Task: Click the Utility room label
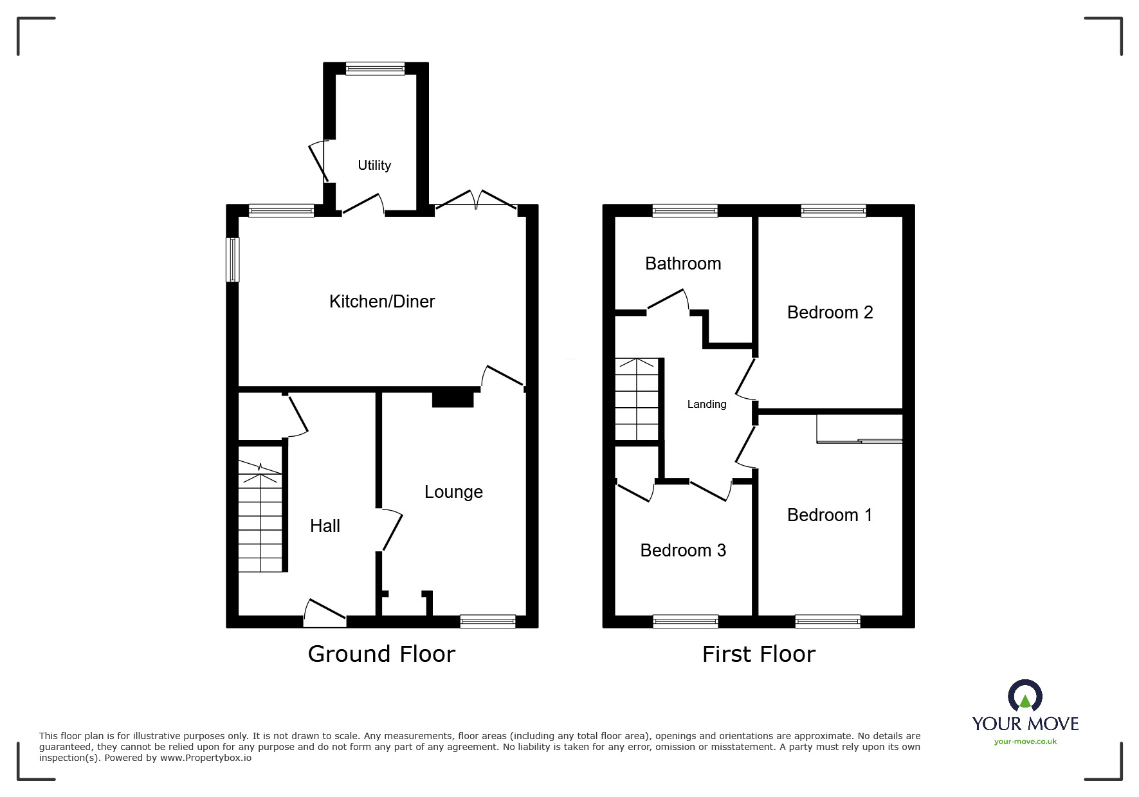click(x=374, y=165)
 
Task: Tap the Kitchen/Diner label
click(x=382, y=301)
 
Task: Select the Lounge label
click(x=453, y=492)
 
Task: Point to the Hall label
click(x=325, y=526)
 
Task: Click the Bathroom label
click(x=683, y=264)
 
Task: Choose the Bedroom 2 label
click(x=830, y=313)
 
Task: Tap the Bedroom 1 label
click(x=830, y=515)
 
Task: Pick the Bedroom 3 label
click(x=683, y=551)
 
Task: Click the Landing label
click(x=707, y=404)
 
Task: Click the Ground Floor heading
click(x=381, y=654)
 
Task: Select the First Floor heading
click(x=759, y=654)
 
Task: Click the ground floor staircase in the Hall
click(x=260, y=518)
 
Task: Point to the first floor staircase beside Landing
click(x=637, y=399)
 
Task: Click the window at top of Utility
click(x=375, y=69)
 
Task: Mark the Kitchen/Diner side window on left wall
click(x=233, y=260)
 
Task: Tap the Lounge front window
click(x=488, y=621)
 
